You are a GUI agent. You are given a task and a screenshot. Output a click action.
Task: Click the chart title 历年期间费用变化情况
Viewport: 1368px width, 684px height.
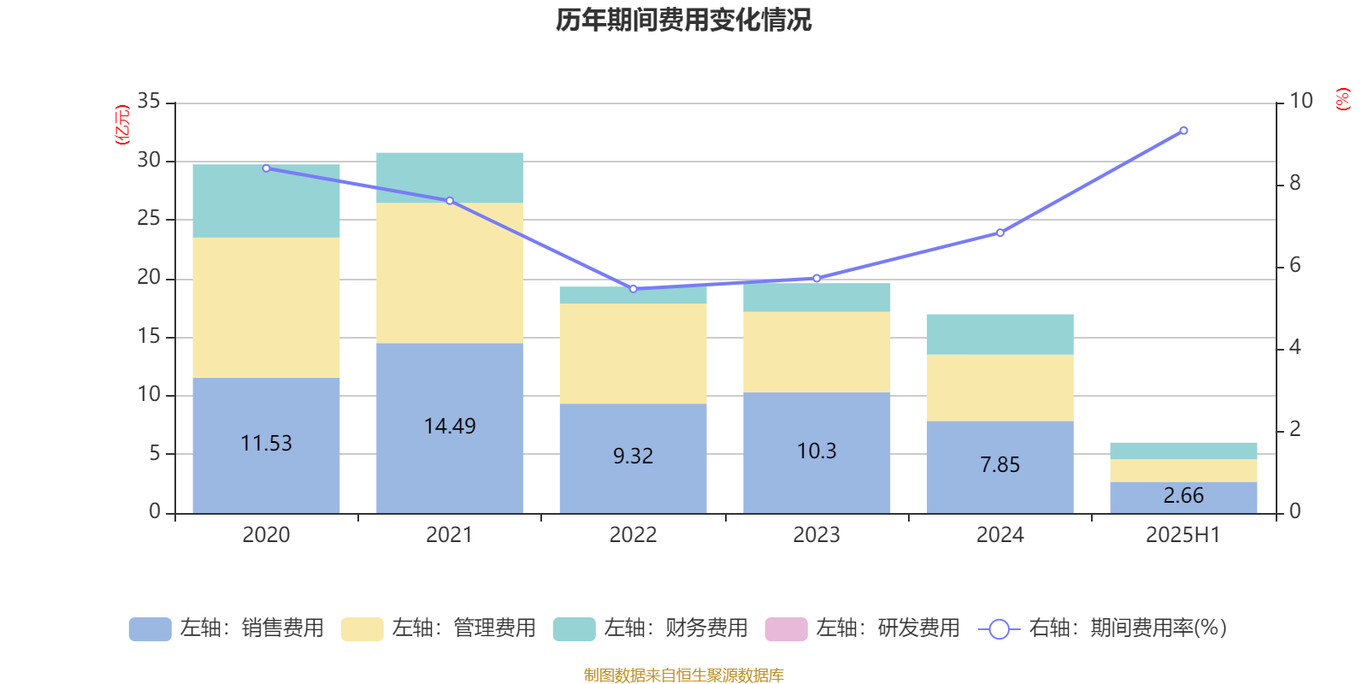[683, 20]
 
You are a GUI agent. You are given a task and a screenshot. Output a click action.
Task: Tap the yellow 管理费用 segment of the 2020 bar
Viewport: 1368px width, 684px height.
[266, 308]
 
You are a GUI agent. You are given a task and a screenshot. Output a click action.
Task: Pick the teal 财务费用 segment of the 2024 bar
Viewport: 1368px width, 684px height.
[999, 334]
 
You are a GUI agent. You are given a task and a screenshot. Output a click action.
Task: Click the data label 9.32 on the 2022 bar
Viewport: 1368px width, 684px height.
[633, 457]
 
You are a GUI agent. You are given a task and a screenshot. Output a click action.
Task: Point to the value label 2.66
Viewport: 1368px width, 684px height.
[1183, 496]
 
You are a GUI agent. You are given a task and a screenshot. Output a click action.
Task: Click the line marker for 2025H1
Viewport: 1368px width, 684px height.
[1183, 131]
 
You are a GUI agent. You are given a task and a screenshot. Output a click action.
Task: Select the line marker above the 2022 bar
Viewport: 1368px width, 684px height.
[634, 289]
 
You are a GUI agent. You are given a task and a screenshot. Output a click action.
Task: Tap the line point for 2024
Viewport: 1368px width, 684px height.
[1000, 233]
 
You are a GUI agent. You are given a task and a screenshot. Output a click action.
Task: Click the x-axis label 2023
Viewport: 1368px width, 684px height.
[817, 535]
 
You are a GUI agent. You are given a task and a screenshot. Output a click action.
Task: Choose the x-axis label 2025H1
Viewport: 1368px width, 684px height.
[1183, 535]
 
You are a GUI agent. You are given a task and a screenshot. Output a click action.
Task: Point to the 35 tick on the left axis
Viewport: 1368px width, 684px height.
[149, 102]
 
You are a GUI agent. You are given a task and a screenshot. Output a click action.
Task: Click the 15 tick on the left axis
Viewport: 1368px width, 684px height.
[149, 337]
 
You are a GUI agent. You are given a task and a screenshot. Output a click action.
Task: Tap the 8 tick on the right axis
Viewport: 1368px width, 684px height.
[1294, 183]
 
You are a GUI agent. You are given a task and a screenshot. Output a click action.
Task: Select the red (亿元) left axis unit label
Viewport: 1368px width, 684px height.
[122, 125]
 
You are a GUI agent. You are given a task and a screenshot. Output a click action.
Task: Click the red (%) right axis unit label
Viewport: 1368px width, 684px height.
[1343, 99]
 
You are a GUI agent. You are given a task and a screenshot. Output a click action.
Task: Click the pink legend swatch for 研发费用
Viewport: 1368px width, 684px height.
[786, 628]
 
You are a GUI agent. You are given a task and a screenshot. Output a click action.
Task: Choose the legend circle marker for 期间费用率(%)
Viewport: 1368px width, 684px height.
[999, 629]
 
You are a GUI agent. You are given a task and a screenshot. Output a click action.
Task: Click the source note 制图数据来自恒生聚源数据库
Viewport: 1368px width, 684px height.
[683, 675]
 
